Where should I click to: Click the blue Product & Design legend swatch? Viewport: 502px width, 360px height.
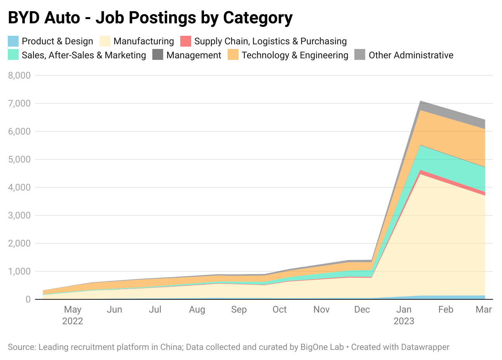click(13, 41)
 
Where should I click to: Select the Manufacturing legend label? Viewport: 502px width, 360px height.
click(143, 41)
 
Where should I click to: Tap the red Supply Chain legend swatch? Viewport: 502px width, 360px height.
click(186, 41)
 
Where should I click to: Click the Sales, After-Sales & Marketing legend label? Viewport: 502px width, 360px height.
click(84, 55)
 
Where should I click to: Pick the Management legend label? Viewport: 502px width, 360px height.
click(194, 55)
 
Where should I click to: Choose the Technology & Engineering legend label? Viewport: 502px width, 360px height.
click(295, 55)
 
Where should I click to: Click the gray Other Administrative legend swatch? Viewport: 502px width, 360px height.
click(360, 55)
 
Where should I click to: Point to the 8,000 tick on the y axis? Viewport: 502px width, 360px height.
click(19, 75)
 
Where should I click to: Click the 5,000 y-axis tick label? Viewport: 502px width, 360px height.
click(19, 159)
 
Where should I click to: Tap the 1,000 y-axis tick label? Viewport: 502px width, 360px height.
click(19, 271)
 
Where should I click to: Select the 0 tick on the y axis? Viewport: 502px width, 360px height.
click(28, 299)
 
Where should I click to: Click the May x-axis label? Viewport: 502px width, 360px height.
click(73, 309)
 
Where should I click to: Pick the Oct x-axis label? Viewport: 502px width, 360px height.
click(279, 309)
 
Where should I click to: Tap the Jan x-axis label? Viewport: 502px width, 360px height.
click(404, 309)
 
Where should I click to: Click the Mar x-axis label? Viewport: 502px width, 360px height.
click(484, 309)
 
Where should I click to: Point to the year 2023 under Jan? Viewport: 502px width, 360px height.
click(404, 321)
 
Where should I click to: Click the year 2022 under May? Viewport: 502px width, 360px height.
click(73, 321)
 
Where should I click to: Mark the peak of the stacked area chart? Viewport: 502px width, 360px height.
click(420, 101)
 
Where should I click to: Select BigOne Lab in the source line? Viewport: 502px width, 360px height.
click(322, 347)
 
